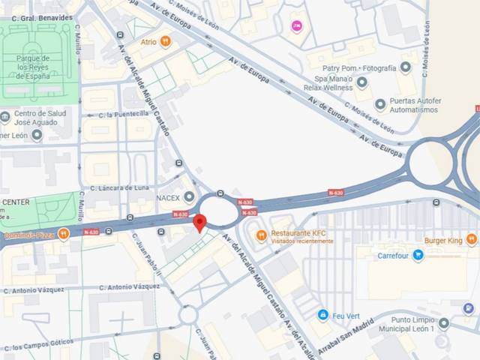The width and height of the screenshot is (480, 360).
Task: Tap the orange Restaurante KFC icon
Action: click(x=261, y=236)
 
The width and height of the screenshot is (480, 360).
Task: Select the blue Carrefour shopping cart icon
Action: click(x=418, y=255)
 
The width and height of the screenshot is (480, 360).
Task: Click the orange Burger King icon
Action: click(x=472, y=239)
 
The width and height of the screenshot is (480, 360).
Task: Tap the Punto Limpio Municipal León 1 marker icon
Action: click(x=444, y=323)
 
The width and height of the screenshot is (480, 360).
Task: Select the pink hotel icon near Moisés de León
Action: click(x=297, y=26)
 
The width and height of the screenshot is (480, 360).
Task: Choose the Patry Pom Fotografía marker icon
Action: click(x=406, y=68)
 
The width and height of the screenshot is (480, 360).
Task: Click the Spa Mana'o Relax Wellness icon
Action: click(x=362, y=82)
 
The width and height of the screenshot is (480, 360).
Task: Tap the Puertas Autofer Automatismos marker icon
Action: click(x=380, y=104)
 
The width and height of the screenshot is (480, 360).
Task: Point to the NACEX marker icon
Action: click(x=189, y=196)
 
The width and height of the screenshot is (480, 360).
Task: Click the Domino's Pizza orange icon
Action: click(x=64, y=234)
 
